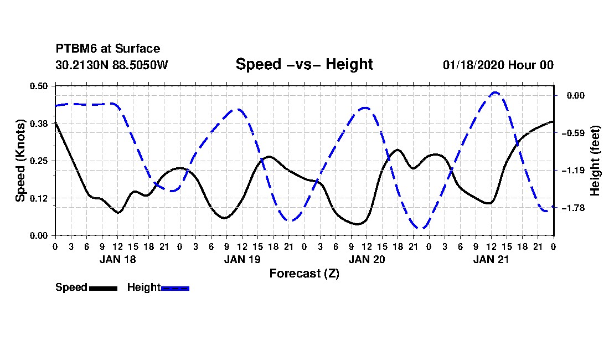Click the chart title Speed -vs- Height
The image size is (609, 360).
304,64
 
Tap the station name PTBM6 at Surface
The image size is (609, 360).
108,49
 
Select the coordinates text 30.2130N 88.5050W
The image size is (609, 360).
112,65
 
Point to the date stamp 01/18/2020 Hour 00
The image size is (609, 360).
498,65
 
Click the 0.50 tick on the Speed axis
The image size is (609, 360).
39,86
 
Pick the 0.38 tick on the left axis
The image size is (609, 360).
39,124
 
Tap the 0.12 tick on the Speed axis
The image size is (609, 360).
39,198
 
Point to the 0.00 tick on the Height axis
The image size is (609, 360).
576,95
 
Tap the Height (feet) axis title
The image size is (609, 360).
595,161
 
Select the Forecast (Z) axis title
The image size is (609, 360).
304,274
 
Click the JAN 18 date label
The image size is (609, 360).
118,259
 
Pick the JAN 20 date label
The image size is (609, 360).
367,259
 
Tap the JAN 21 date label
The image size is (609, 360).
491,259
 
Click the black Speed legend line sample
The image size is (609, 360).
104,288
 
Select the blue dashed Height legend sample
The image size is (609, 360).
175,288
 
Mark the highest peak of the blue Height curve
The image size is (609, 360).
495,92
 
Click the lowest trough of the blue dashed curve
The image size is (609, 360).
421,228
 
